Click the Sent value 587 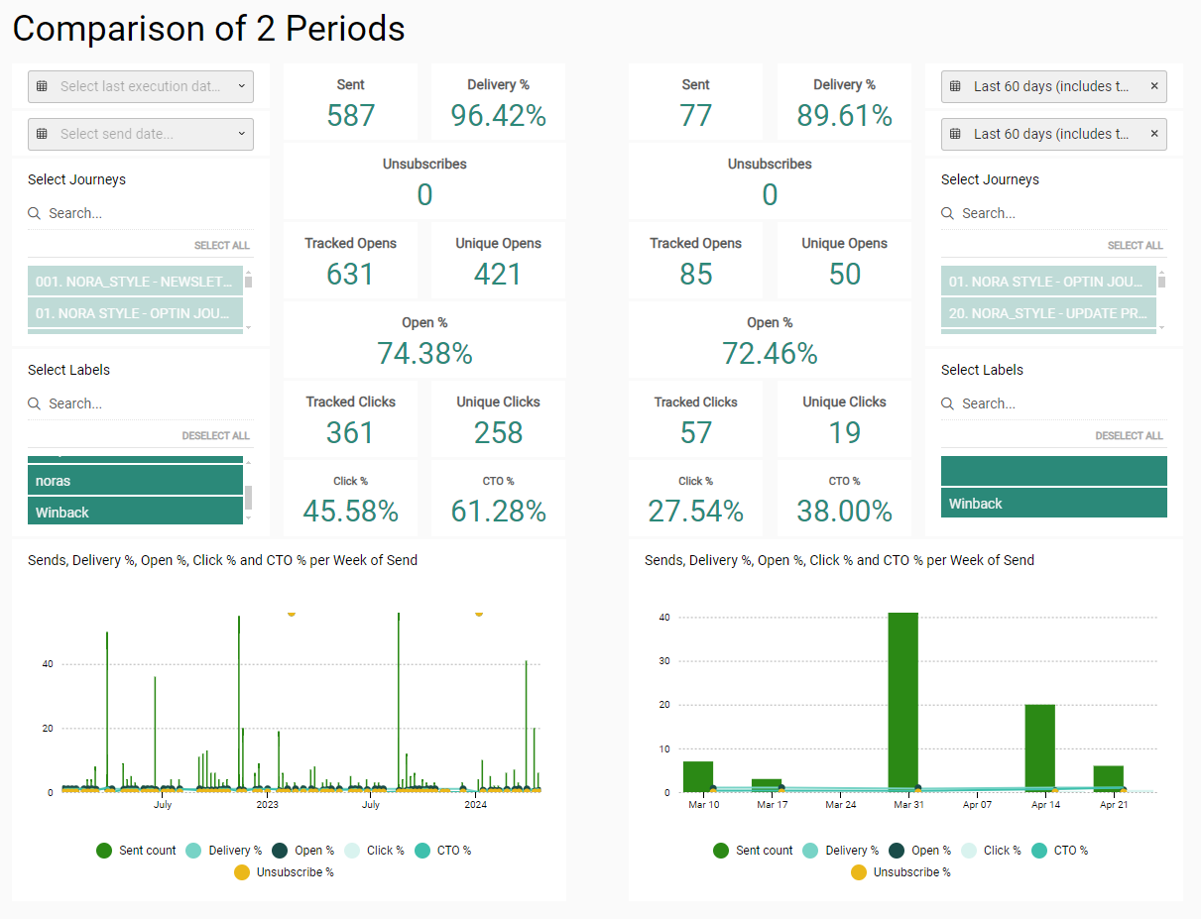click(350, 116)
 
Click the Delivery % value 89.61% click(844, 116)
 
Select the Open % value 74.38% click(424, 353)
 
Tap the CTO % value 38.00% click(844, 511)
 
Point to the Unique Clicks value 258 click(498, 432)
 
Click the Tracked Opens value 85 click(695, 274)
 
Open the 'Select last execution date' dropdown click(141, 86)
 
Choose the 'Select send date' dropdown click(141, 134)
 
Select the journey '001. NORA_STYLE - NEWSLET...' click(135, 282)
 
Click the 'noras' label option click(135, 481)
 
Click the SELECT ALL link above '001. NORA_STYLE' click(222, 245)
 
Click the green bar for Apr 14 click(1039, 747)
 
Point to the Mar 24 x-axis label click(840, 804)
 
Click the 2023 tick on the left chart click(267, 804)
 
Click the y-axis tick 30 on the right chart click(664, 661)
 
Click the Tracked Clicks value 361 click(350, 432)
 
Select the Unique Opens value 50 click(844, 274)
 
